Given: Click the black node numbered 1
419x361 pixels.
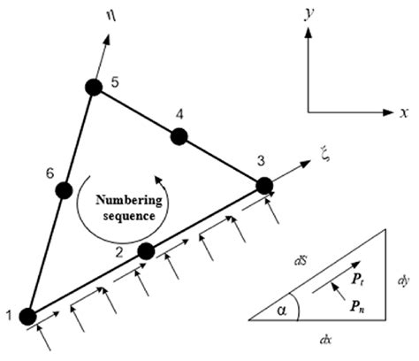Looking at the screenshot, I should click(x=27, y=316).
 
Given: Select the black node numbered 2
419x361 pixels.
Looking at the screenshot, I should click(x=147, y=252).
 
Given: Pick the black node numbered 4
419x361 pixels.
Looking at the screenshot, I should click(x=179, y=135).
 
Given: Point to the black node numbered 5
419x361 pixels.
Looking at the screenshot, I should click(x=94, y=86).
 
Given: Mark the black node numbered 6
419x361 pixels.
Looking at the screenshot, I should click(x=63, y=190).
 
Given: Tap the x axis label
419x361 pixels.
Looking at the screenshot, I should click(x=403, y=112).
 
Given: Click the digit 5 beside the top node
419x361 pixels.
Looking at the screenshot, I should click(x=115, y=82).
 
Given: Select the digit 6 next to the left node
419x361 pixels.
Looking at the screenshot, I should click(x=50, y=174).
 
